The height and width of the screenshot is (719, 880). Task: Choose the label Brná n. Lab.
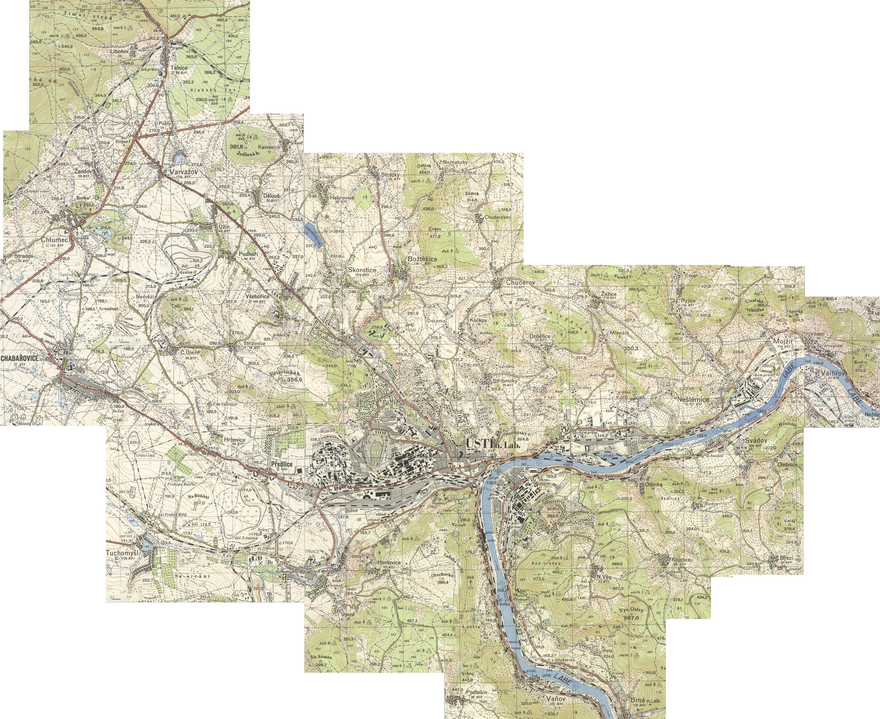click(644, 701)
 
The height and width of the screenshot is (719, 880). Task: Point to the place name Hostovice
click(389, 563)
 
